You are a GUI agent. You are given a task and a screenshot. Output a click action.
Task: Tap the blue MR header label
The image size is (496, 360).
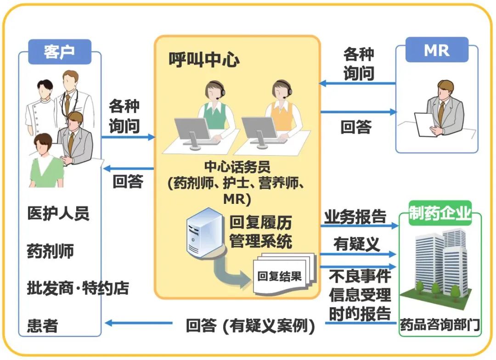click(437, 50)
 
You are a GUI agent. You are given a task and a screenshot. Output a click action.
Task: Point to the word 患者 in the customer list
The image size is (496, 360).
click(42, 326)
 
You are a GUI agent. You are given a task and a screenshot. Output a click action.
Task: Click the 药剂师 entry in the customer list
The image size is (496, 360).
click(50, 251)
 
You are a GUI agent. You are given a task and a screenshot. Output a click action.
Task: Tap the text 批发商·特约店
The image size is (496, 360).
click(78, 288)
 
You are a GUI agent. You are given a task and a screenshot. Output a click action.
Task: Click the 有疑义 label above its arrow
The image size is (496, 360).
click(357, 244)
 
